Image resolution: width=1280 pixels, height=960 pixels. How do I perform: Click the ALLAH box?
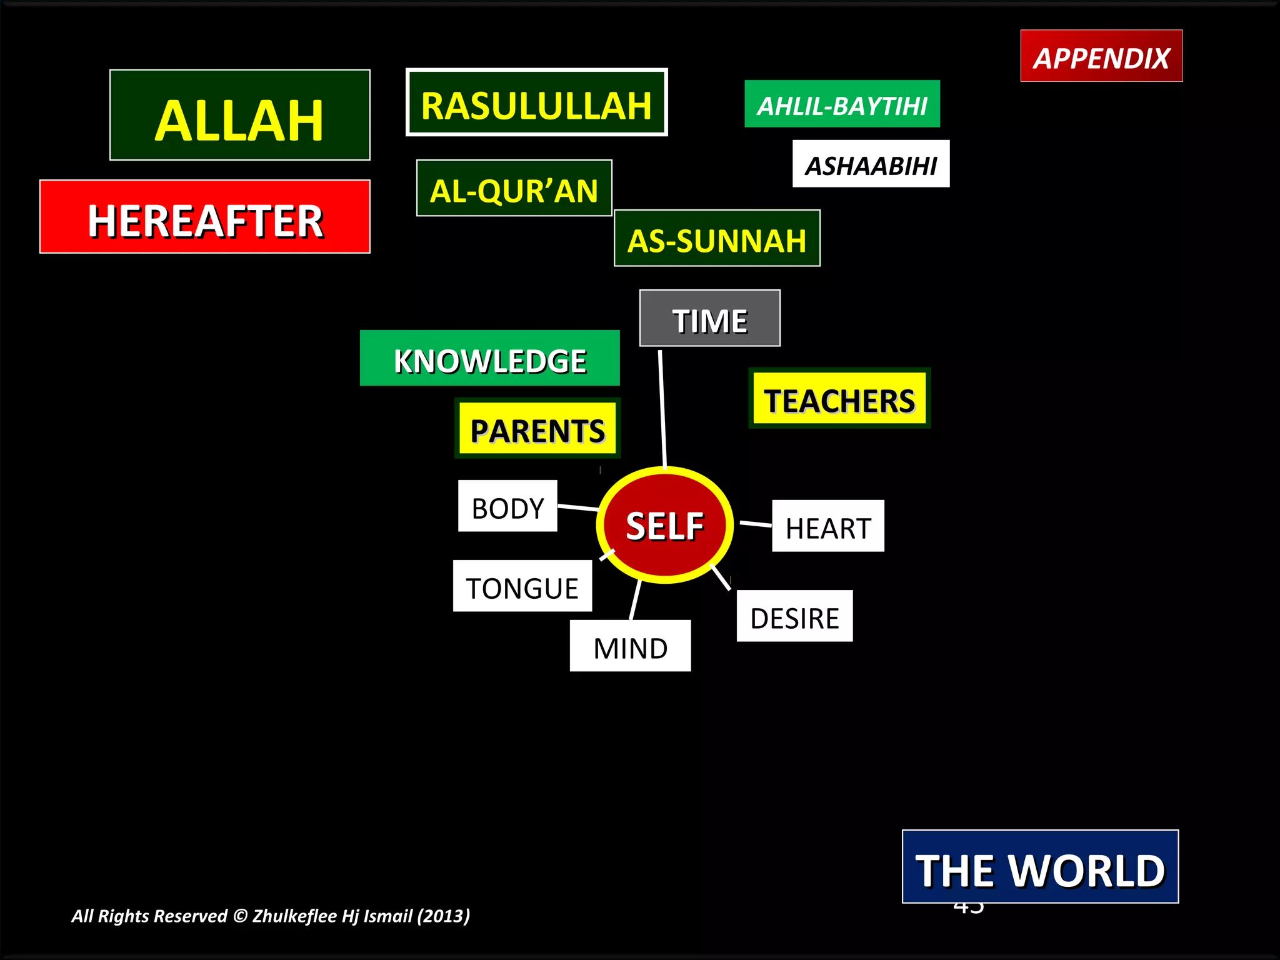(x=240, y=115)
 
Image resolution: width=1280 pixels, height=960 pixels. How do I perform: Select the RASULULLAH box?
(x=537, y=102)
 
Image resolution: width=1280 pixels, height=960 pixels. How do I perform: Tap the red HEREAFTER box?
(x=205, y=217)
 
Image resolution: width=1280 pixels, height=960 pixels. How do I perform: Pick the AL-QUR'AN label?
(x=514, y=188)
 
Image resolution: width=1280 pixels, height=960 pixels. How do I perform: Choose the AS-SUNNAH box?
(x=717, y=238)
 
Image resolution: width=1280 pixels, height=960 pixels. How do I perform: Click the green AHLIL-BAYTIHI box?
(x=842, y=104)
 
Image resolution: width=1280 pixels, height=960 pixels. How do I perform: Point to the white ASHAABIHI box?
(x=871, y=164)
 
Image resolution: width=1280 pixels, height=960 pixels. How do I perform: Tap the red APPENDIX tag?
(x=1101, y=56)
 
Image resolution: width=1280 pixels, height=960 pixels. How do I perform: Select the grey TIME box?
(x=709, y=318)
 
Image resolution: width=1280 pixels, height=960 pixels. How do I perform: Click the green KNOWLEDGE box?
(x=490, y=358)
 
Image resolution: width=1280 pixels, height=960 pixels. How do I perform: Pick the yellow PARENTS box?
(x=537, y=429)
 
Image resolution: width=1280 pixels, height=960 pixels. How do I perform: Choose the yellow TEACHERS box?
(x=839, y=398)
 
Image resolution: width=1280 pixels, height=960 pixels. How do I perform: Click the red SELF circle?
(x=665, y=525)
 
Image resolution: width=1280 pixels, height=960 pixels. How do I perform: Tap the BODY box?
(x=507, y=506)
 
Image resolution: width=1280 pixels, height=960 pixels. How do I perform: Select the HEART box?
(x=828, y=526)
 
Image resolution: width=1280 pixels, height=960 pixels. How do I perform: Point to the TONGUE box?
(x=522, y=586)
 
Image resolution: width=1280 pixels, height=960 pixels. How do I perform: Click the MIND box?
(x=630, y=646)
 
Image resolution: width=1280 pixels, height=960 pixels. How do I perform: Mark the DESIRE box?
(x=794, y=616)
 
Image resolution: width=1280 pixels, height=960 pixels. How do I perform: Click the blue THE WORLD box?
(x=1040, y=867)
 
